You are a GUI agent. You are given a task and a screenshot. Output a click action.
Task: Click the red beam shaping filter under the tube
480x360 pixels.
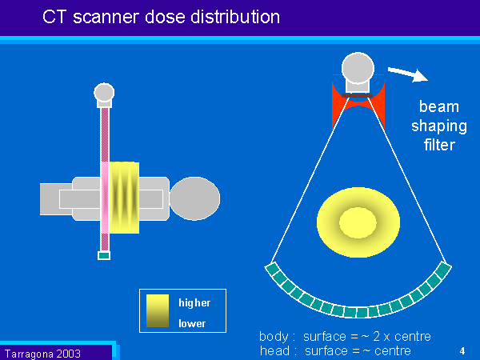358,104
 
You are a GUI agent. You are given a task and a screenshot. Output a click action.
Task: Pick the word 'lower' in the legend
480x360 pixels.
192,323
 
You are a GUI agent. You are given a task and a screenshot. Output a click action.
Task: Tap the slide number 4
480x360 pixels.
462,350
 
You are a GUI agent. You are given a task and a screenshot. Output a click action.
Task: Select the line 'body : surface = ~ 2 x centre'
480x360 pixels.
345,337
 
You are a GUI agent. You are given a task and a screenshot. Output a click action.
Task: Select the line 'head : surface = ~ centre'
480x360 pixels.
335,350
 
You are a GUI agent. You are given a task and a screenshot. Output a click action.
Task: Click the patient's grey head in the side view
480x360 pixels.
195,198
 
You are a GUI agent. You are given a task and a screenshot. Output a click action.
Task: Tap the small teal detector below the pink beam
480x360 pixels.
103,255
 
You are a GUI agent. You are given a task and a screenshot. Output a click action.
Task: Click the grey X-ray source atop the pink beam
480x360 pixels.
104,93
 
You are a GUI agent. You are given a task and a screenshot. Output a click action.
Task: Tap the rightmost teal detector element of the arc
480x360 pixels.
444,268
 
